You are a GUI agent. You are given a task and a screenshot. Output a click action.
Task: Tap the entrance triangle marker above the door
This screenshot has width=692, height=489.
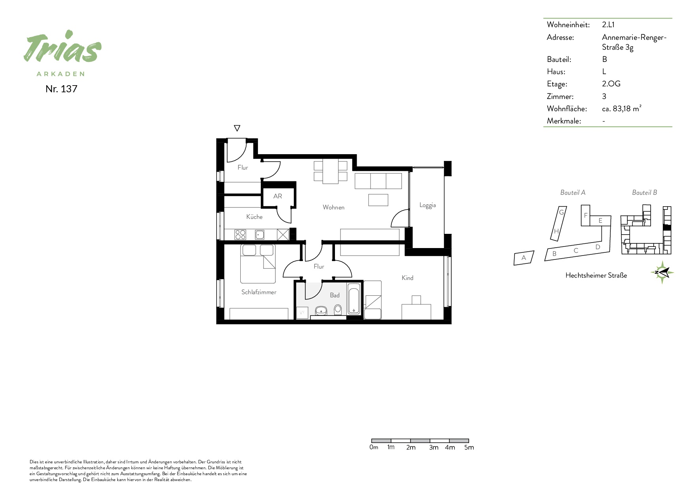[x=237, y=128]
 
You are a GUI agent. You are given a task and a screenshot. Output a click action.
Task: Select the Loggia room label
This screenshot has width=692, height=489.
[x=428, y=205]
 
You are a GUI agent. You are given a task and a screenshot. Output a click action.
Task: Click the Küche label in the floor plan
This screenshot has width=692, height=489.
[x=254, y=217]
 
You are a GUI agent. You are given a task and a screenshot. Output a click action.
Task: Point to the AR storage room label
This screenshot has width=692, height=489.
[x=278, y=196]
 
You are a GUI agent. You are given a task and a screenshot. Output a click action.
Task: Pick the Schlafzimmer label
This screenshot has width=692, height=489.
[x=259, y=292]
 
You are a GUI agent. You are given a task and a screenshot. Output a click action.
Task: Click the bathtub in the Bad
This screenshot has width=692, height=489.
[x=354, y=299]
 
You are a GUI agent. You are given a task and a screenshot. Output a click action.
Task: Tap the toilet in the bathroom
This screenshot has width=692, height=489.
[x=338, y=311]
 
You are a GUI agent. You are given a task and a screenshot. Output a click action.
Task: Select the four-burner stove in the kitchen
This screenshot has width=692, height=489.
[x=240, y=235]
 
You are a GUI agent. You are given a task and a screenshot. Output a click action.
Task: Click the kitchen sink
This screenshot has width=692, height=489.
[x=260, y=235]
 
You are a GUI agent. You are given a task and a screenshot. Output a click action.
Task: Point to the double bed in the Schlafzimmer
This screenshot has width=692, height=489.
[x=258, y=264]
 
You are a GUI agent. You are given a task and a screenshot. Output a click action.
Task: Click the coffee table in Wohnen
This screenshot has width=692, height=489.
[x=378, y=200]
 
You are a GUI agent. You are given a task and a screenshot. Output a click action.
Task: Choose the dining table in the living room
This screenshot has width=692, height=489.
[x=331, y=171]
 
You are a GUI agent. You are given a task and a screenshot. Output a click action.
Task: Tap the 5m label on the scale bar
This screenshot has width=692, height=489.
[x=469, y=447]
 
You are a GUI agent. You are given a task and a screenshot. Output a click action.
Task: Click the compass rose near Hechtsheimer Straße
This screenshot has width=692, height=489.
[x=662, y=272]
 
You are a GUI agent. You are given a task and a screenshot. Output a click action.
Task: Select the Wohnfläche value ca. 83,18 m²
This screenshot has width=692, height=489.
[x=622, y=109]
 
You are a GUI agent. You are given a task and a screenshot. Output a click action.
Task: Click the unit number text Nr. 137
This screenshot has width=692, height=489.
[x=61, y=89]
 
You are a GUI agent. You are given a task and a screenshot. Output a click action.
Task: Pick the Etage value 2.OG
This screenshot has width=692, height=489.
[x=611, y=84]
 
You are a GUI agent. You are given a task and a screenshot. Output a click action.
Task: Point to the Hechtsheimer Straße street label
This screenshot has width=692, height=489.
[x=596, y=275]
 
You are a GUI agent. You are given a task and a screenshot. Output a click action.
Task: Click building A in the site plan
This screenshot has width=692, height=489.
[x=524, y=258]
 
